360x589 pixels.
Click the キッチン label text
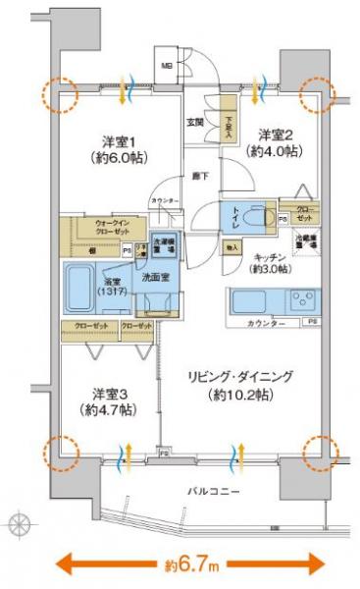pos(265,259)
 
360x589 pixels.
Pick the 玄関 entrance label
pos(195,122)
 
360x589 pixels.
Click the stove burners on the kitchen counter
pos(304,297)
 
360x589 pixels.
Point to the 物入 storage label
pos(231,249)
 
